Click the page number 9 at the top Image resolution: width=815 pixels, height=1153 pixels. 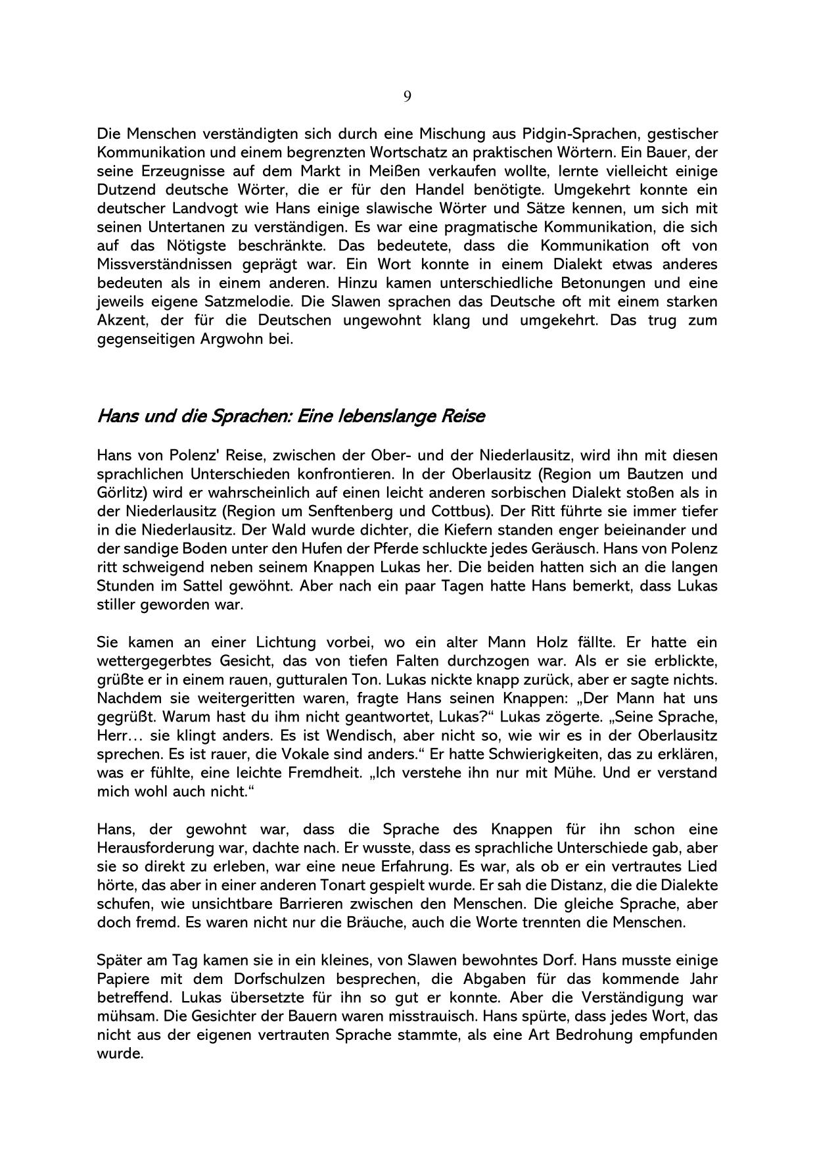tap(407, 97)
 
